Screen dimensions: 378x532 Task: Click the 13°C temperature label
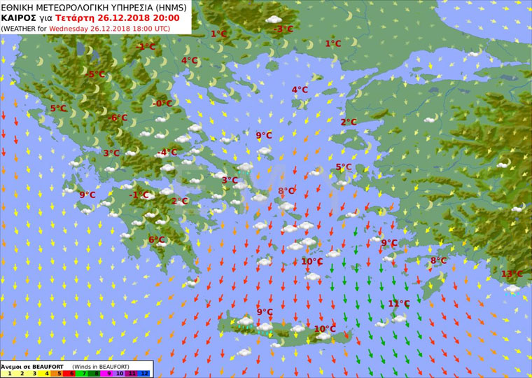tap(512, 274)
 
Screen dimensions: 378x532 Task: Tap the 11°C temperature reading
tap(398, 303)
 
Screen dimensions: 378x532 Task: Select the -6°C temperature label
tap(118, 118)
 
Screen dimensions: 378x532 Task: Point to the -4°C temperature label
tap(167, 152)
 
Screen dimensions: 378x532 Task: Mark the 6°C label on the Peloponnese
tap(156, 239)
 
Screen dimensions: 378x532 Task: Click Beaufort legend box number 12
tap(145, 374)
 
